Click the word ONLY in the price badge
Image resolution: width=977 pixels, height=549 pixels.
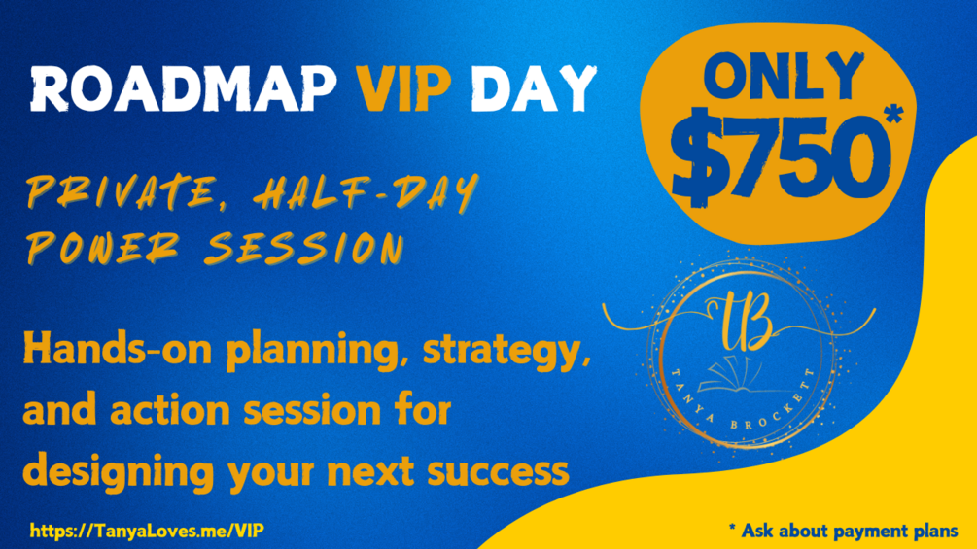coord(784,77)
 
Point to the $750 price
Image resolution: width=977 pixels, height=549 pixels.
coord(779,154)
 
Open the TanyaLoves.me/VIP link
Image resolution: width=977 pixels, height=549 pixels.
coord(147,531)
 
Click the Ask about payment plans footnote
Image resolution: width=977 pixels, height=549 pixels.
coord(843,531)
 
